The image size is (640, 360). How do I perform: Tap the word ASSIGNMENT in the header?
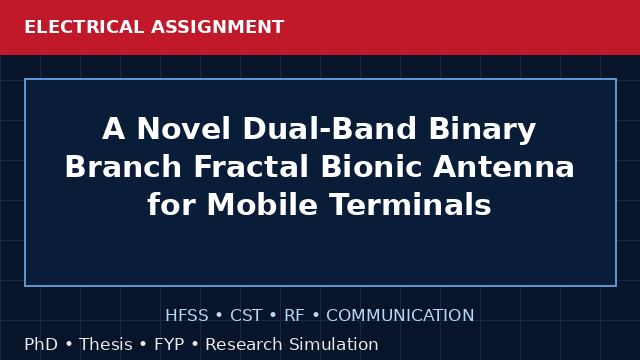coord(218,27)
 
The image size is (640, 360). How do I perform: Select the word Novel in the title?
coord(183,129)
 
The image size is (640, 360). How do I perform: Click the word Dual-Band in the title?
coord(329,129)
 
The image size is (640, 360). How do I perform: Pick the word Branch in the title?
coord(123,167)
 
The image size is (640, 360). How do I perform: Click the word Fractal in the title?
coord(251,167)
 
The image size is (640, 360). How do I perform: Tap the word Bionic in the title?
coord(371,167)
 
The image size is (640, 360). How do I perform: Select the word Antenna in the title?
coord(504,167)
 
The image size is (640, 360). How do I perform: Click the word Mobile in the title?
coord(262,204)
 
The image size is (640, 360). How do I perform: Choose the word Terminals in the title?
coord(410,204)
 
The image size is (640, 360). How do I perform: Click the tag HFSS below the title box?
coord(187,316)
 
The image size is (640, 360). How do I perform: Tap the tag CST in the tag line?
coord(246,316)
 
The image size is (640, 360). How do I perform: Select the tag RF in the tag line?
coord(294,316)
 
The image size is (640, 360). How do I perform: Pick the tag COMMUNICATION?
coord(400,316)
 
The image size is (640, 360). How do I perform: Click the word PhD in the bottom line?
coord(41,344)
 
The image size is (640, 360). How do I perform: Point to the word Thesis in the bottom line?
coord(106,344)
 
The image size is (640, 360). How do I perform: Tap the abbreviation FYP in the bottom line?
coord(169,344)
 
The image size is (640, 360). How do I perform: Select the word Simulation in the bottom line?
coord(334,344)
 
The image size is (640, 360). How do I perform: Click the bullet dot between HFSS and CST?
coord(219,316)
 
